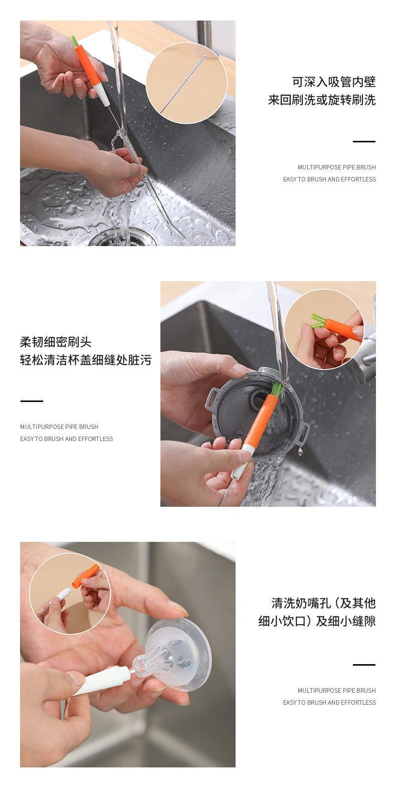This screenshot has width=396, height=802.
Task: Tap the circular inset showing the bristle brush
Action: pyautogui.click(x=187, y=83)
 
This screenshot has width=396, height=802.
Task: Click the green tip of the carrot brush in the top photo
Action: pyautogui.click(x=75, y=41)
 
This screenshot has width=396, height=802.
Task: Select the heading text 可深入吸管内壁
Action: pyautogui.click(x=334, y=82)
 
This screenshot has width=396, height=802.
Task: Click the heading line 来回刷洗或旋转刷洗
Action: pyautogui.click(x=322, y=100)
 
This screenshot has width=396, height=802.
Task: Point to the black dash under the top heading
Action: pyautogui.click(x=364, y=141)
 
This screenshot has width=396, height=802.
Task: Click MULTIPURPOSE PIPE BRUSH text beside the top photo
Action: pyautogui.click(x=336, y=167)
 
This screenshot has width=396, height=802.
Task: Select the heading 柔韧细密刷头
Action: pyautogui.click(x=56, y=342)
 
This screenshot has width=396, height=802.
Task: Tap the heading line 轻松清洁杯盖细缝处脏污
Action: pyautogui.click(x=86, y=360)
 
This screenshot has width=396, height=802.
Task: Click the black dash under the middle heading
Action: pyautogui.click(x=32, y=401)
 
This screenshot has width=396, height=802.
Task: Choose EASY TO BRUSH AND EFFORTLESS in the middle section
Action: pyautogui.click(x=67, y=439)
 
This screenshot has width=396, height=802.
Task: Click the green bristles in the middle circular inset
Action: pyautogui.click(x=317, y=320)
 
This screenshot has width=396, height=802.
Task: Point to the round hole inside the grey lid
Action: pyautogui.click(x=257, y=398)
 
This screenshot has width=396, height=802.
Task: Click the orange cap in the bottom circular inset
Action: pyautogui.click(x=85, y=576)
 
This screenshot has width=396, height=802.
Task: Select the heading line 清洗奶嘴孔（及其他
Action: pyautogui.click(x=323, y=603)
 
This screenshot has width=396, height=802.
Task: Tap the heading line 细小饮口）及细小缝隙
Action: pyautogui.click(x=317, y=621)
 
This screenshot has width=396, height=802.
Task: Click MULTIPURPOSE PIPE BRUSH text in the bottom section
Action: pyautogui.click(x=336, y=690)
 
